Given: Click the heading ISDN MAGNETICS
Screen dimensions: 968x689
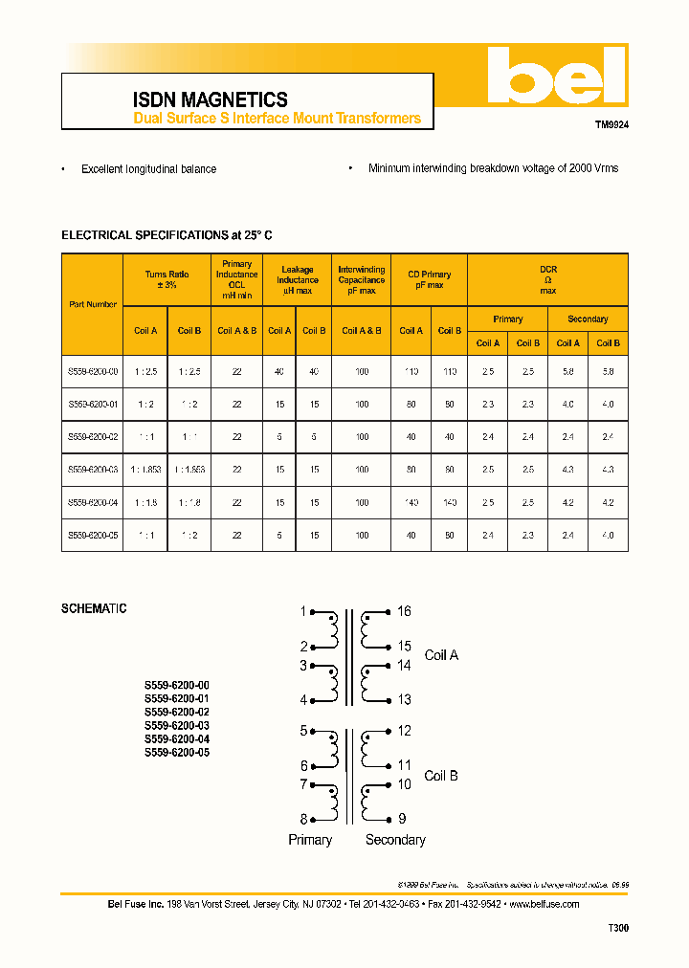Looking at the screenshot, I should (210, 99).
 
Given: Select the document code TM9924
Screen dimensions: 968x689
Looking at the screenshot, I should (611, 124).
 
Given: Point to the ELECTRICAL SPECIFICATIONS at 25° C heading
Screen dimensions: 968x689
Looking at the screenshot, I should (173, 234).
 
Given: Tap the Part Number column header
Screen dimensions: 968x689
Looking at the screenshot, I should (93, 304).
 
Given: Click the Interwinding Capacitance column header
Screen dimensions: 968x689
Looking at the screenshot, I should (362, 280).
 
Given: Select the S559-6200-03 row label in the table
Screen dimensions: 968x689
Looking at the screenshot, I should (93, 470).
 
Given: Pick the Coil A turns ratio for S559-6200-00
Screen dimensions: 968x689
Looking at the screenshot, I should (145, 370).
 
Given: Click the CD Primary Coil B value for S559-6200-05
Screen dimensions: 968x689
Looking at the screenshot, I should (449, 536).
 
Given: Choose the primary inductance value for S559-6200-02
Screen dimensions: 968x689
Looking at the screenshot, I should (236, 437).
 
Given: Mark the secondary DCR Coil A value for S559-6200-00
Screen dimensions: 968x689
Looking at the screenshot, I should (567, 370).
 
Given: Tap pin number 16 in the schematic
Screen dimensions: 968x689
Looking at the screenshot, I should (404, 611).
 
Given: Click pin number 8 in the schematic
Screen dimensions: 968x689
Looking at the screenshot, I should (303, 819).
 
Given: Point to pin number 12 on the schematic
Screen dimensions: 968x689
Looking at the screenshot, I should (404, 731).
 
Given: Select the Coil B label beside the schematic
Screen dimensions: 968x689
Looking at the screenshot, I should (441, 776).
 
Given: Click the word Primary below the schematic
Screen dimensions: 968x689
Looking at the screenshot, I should (310, 840).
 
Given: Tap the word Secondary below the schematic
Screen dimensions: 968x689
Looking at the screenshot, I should (395, 840).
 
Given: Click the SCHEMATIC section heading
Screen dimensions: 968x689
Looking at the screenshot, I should (94, 608).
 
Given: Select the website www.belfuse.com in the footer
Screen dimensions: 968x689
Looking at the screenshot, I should (544, 904).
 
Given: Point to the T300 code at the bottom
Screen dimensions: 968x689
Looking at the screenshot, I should (618, 928).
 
